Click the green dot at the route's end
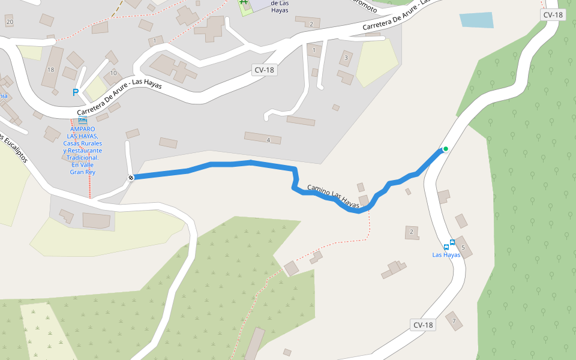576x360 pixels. [445, 149]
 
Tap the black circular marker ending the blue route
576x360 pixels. [131, 177]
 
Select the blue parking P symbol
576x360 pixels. [76, 92]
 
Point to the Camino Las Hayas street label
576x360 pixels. [333, 197]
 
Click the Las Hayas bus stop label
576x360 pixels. [446, 255]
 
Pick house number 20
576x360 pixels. [9, 22]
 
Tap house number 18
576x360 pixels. [50, 70]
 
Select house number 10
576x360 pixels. [113, 73]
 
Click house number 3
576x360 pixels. [345, 59]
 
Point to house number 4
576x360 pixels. [268, 140]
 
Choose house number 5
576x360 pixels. [463, 247]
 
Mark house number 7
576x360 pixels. [454, 321]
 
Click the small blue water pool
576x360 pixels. [476, 20]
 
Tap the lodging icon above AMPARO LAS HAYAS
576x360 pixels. [83, 121]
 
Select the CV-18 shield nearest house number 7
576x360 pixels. [423, 325]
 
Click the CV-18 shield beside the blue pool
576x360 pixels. [553, 15]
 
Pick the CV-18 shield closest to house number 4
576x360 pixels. [264, 70]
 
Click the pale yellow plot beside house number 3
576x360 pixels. [377, 63]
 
